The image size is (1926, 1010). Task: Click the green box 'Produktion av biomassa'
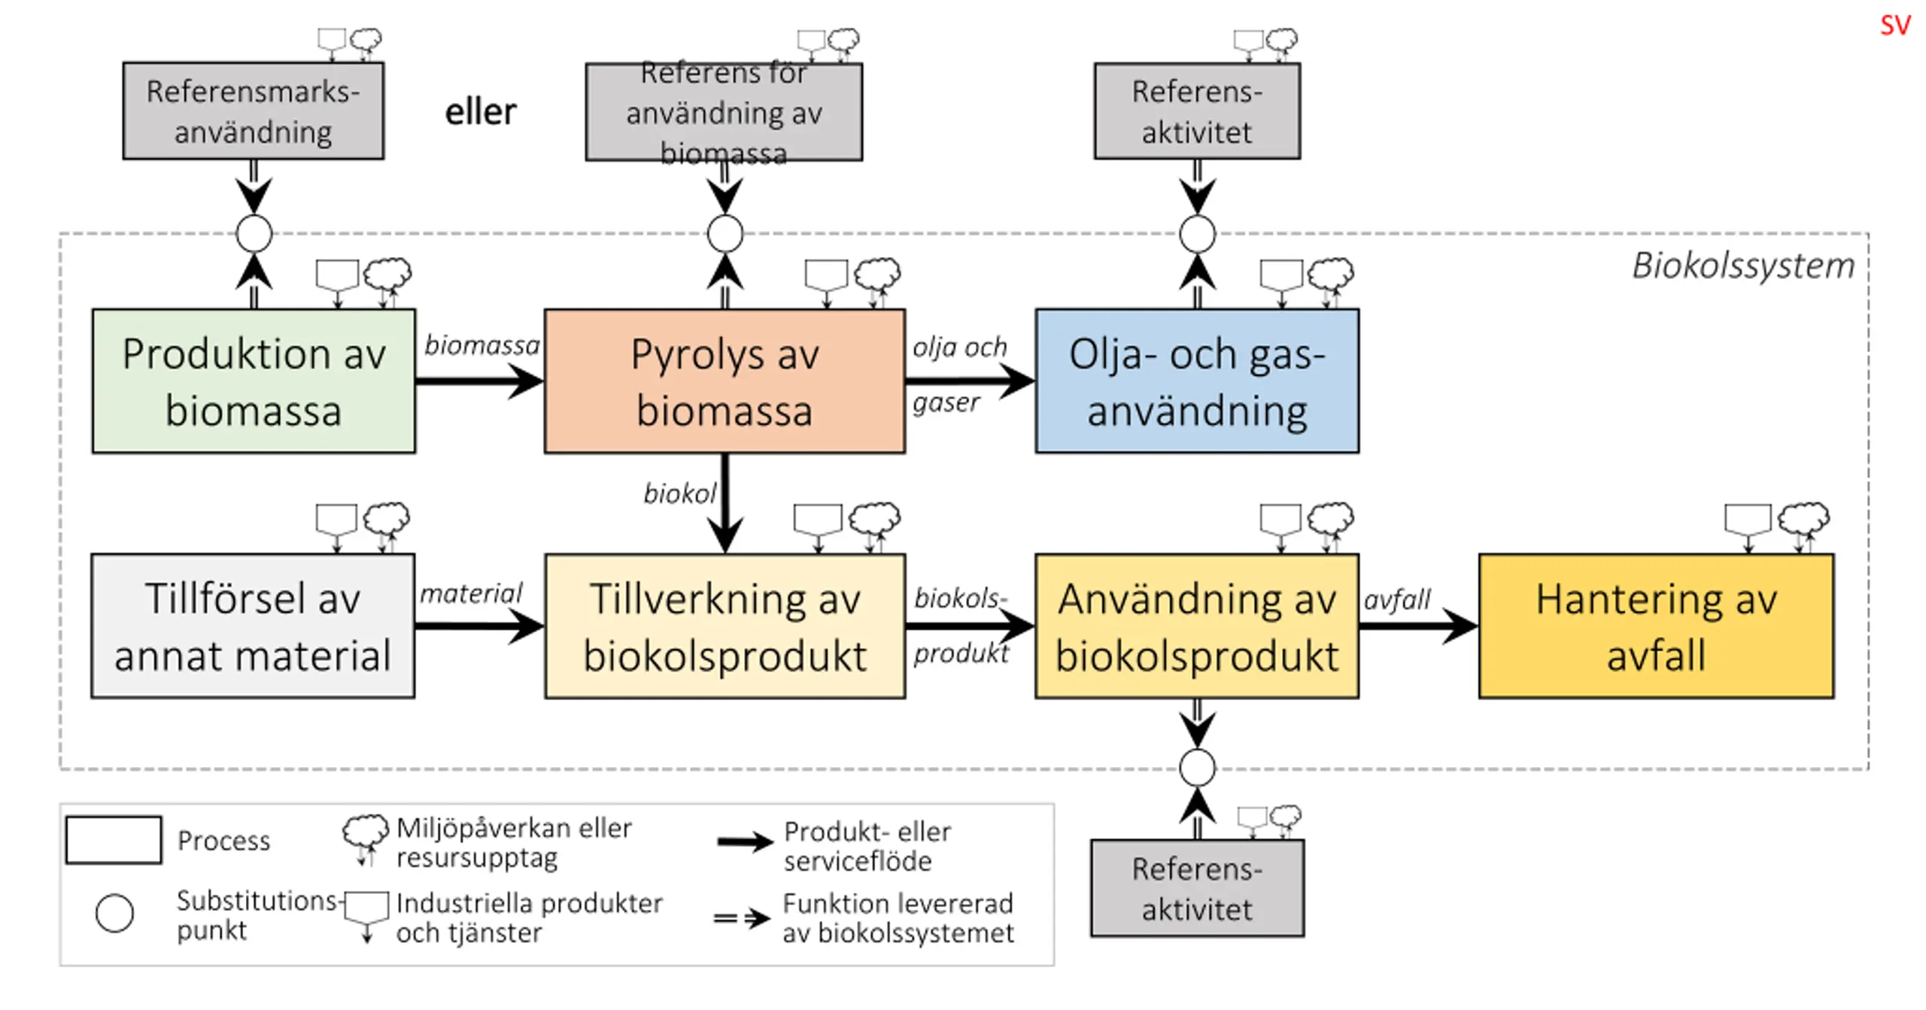point(254,381)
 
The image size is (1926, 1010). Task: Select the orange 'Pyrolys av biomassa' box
point(725,381)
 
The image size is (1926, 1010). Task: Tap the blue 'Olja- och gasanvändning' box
point(1197,381)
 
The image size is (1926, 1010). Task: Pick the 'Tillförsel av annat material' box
point(253,626)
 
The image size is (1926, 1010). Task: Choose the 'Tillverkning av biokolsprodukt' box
point(725,626)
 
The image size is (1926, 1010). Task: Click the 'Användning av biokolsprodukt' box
point(1197,626)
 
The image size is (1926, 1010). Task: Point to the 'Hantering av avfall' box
point(1656,626)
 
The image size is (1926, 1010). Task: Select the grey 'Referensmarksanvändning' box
point(254,111)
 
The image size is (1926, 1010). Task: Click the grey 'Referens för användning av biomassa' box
point(724,111)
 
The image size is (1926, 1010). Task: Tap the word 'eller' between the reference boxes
point(481,112)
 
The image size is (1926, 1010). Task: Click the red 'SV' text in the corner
point(1895,26)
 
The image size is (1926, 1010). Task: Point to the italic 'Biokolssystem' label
point(1743,265)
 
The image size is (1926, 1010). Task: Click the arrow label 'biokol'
point(679,493)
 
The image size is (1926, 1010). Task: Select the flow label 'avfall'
point(1397,599)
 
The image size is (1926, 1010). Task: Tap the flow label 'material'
point(471,593)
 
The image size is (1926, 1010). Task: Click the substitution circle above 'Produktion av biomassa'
point(254,234)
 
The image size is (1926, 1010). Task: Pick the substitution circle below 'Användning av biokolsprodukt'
point(1197,768)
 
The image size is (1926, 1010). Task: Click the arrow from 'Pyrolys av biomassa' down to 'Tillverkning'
point(725,503)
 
